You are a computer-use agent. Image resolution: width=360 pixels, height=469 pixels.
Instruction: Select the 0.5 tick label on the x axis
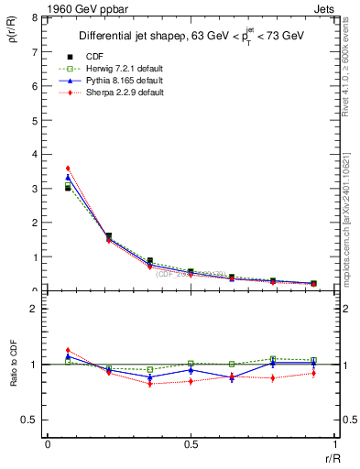[190, 444]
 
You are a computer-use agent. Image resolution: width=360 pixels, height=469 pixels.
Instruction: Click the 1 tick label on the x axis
[333, 444]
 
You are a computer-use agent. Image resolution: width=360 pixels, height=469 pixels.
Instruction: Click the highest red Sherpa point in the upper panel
[68, 168]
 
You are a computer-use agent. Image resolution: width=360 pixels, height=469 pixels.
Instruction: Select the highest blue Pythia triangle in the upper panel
[68, 177]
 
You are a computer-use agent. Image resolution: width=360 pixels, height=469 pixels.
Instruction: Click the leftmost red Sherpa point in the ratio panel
[68, 350]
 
